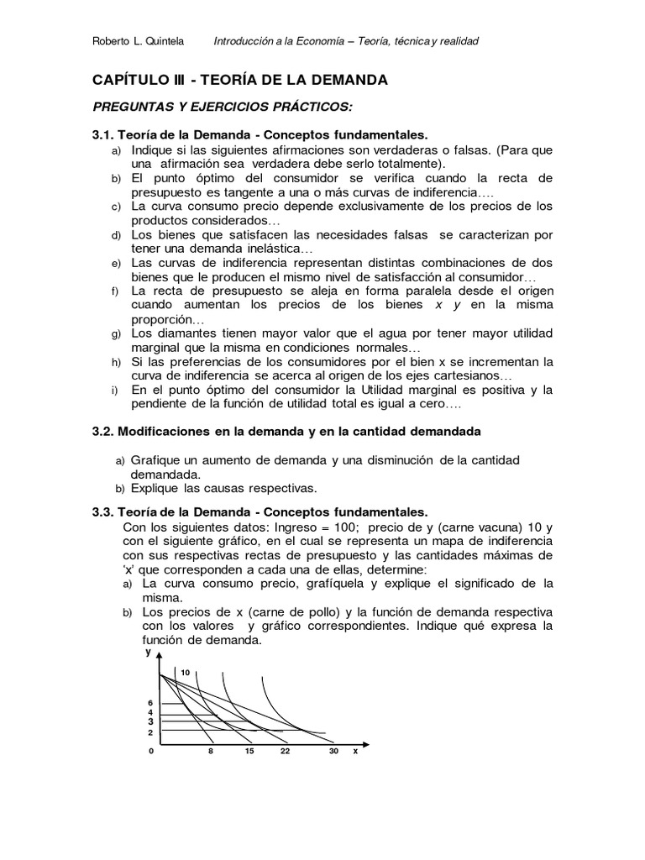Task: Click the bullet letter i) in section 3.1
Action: [114, 391]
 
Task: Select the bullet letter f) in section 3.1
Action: [114, 291]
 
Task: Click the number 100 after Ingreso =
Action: [342, 527]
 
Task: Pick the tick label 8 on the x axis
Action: [210, 752]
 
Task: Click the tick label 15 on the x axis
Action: [249, 752]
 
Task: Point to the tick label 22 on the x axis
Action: [286, 752]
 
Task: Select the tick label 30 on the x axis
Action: [333, 752]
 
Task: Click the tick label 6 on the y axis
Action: [151, 702]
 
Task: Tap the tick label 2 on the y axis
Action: [151, 732]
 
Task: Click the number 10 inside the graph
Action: [186, 672]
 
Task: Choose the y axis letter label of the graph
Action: [148, 652]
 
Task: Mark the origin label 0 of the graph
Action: [151, 752]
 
